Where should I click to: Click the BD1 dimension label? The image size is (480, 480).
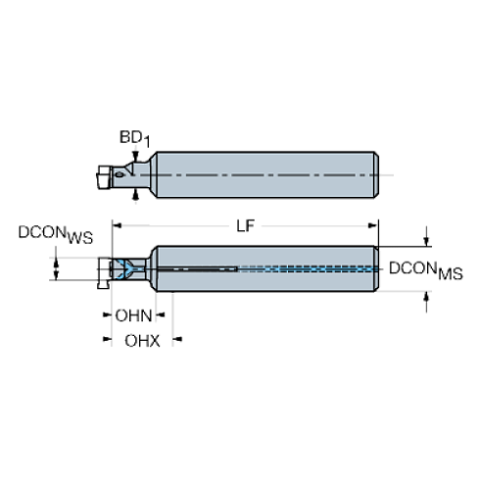coord(134,138)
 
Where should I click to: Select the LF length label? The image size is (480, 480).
coord(245,226)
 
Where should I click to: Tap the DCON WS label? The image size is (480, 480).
coord(56,234)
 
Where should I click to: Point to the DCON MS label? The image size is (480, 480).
coord(426,270)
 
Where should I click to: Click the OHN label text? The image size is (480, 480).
coord(133,315)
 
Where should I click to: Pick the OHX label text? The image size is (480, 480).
coord(142,341)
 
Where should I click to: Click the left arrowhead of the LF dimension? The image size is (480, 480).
coord(117,225)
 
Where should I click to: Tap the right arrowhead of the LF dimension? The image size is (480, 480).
coord(373,225)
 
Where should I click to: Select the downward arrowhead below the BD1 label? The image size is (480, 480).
coord(135,156)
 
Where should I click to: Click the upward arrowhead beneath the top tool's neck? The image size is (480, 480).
coord(136,195)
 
